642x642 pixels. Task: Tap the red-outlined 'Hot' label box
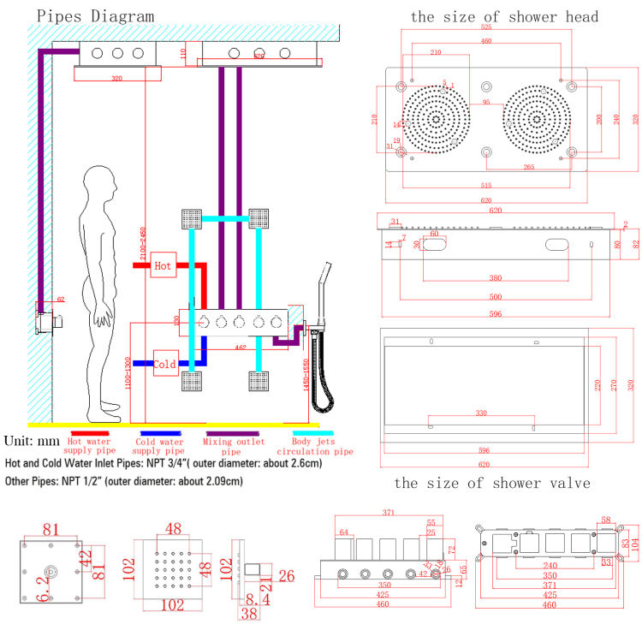tap(163, 266)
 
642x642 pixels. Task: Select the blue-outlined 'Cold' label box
tap(165, 364)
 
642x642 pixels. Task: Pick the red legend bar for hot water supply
tap(88, 434)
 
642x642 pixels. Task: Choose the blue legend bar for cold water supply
tap(160, 434)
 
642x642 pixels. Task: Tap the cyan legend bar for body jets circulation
tap(312, 434)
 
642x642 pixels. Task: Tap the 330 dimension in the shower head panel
tap(481, 413)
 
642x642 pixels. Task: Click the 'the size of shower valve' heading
tap(491, 484)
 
